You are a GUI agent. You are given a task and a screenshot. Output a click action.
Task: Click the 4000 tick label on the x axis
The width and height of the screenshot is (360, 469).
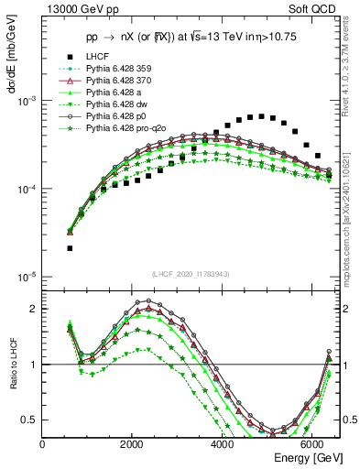(x=223, y=444)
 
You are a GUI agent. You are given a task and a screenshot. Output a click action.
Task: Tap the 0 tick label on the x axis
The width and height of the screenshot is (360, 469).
(x=43, y=444)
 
